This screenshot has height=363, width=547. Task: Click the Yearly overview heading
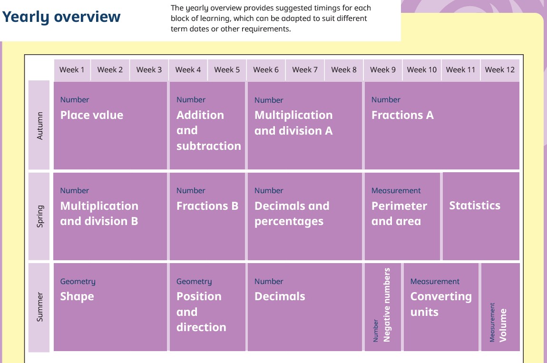click(61, 17)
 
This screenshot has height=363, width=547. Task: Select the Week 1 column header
click(72, 70)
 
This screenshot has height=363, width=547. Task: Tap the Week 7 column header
click(305, 70)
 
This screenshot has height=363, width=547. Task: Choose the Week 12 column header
click(499, 70)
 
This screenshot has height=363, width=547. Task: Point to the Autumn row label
click(40, 126)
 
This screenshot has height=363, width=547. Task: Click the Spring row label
click(40, 216)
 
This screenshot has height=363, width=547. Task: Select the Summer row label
click(40, 307)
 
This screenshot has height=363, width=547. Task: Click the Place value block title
click(92, 115)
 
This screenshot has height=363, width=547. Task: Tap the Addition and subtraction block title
click(209, 130)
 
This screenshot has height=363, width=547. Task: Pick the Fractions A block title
click(402, 115)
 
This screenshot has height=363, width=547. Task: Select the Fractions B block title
click(207, 206)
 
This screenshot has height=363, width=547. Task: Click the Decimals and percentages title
click(292, 214)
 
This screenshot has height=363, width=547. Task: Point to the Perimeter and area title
click(399, 214)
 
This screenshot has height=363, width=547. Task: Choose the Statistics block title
click(475, 206)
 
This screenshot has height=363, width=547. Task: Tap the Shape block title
click(77, 297)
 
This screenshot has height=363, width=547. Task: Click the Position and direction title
click(201, 312)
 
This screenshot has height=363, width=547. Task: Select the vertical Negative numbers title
click(387, 304)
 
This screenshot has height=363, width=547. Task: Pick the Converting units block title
click(441, 304)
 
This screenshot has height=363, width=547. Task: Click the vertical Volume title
click(503, 325)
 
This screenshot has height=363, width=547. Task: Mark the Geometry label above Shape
click(78, 281)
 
